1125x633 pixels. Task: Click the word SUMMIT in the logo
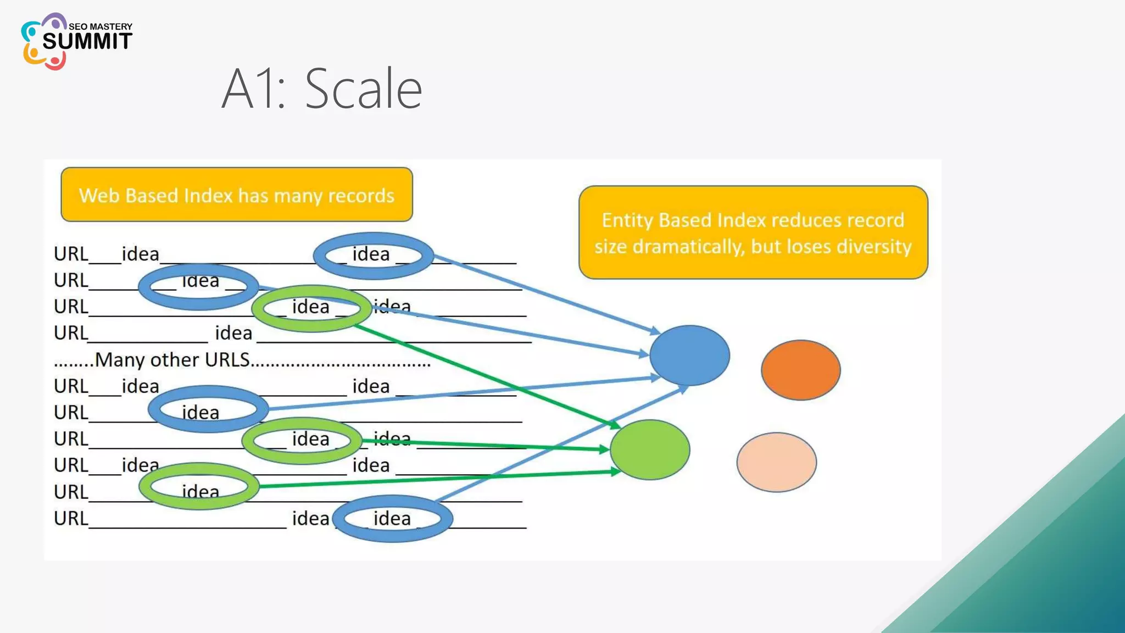pyautogui.click(x=87, y=41)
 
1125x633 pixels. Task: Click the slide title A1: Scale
pyautogui.click(x=322, y=89)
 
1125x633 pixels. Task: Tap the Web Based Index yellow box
pyautogui.click(x=237, y=195)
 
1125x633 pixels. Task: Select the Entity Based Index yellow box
pyautogui.click(x=753, y=233)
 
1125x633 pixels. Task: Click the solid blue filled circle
pyautogui.click(x=689, y=356)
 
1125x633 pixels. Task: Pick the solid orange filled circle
pyautogui.click(x=800, y=370)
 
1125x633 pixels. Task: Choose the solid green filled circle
pyautogui.click(x=650, y=449)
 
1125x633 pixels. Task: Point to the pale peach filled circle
pyautogui.click(x=776, y=462)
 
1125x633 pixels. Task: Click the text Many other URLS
pyautogui.click(x=172, y=360)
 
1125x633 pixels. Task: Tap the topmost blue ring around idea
pyautogui.click(x=374, y=255)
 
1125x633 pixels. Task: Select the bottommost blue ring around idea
pyautogui.click(x=392, y=518)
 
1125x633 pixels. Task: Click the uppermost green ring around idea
pyautogui.click(x=311, y=308)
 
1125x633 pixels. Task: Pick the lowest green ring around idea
pyautogui.click(x=199, y=486)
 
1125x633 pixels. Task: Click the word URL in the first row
pyautogui.click(x=71, y=254)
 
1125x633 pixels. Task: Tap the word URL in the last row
pyautogui.click(x=71, y=518)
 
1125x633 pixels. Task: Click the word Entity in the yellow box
pyautogui.click(x=627, y=220)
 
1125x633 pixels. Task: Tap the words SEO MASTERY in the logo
pyautogui.click(x=101, y=26)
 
